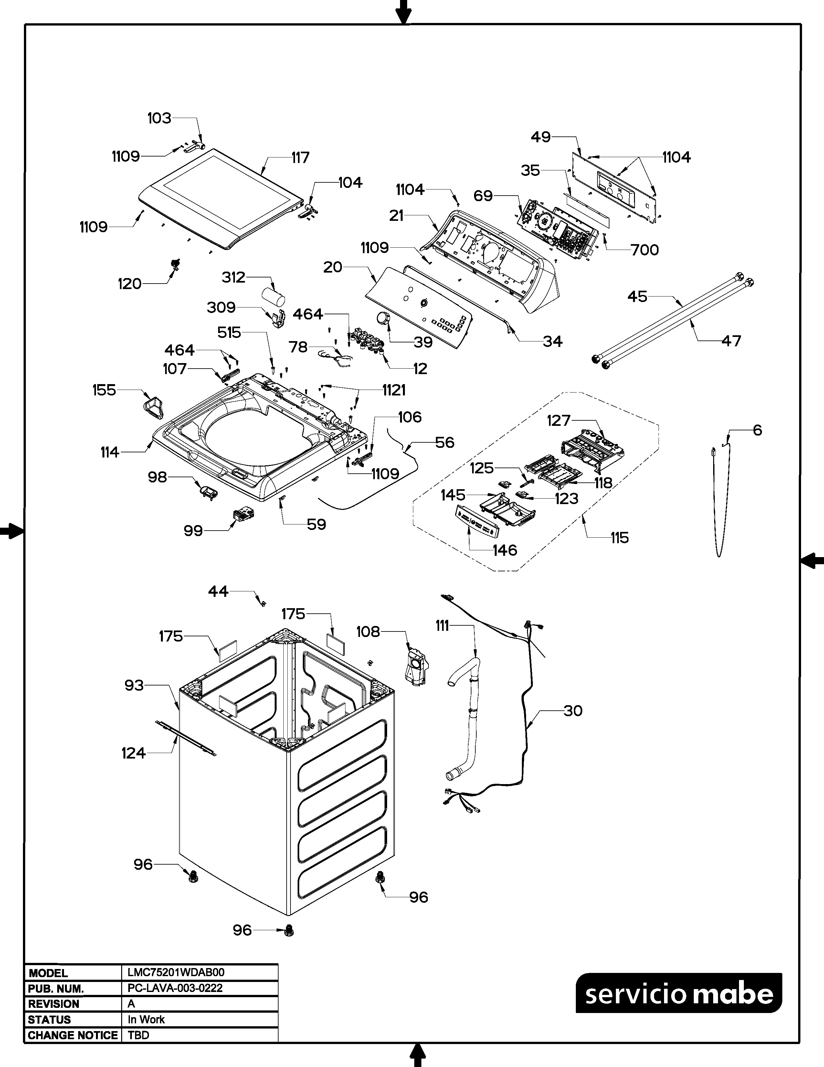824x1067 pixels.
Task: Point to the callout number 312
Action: click(233, 277)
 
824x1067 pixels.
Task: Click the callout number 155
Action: click(104, 390)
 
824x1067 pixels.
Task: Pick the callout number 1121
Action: click(394, 390)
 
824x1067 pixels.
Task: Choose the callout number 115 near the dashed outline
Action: click(619, 538)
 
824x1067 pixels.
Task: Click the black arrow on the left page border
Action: click(11, 531)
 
